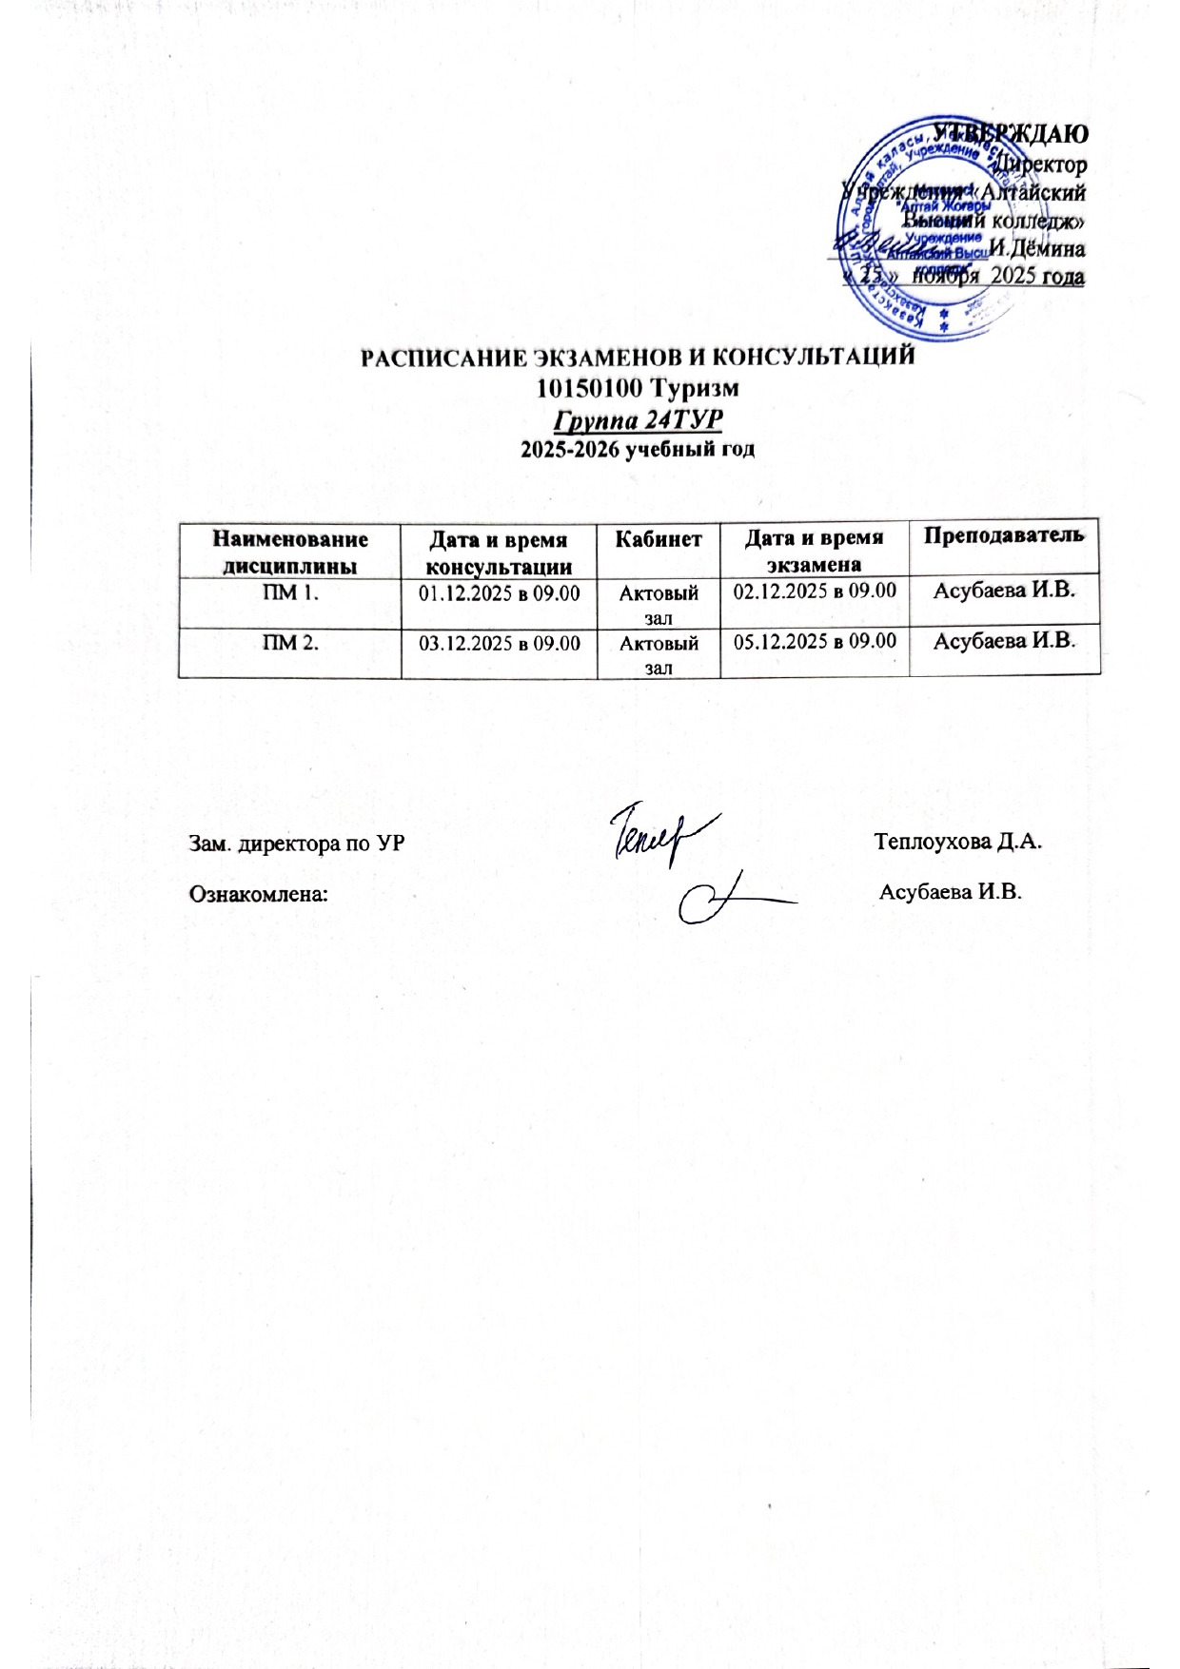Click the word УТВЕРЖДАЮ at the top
click(1011, 133)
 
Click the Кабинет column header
click(659, 539)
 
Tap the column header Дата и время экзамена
click(814, 551)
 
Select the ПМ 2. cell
click(290, 643)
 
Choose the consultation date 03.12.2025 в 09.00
click(500, 643)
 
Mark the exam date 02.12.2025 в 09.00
click(815, 590)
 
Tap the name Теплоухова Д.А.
click(960, 842)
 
